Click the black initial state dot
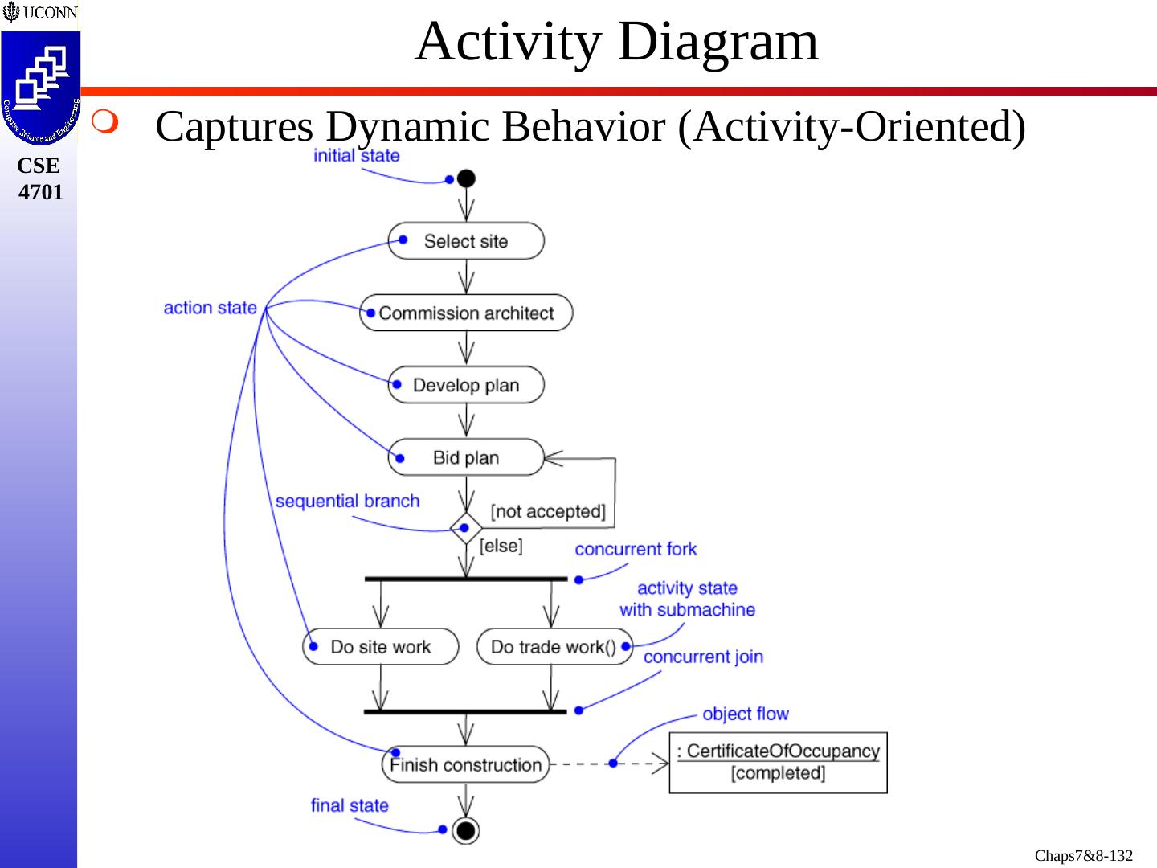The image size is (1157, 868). (x=466, y=178)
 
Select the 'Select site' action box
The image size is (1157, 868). (x=466, y=241)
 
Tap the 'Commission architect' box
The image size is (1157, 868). (x=466, y=313)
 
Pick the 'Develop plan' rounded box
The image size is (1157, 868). (x=466, y=385)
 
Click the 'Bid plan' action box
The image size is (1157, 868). (x=466, y=457)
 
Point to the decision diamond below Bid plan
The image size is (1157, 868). (x=466, y=528)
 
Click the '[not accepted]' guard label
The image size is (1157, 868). (x=548, y=511)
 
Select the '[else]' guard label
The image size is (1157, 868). (x=501, y=546)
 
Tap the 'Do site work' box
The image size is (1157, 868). (x=381, y=647)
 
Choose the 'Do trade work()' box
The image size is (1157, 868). (x=554, y=647)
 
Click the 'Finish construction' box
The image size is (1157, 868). (x=465, y=764)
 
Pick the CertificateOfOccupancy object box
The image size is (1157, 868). (x=778, y=763)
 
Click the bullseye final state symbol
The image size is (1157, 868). (x=466, y=831)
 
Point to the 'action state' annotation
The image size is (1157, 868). (x=210, y=308)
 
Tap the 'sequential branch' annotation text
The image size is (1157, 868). (x=347, y=501)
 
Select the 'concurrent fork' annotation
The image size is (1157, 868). (x=636, y=549)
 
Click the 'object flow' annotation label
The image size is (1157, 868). (x=746, y=714)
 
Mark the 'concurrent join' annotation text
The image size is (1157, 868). (x=703, y=657)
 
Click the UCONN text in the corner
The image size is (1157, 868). (x=50, y=12)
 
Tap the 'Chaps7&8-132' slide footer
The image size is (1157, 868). (x=1083, y=855)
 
